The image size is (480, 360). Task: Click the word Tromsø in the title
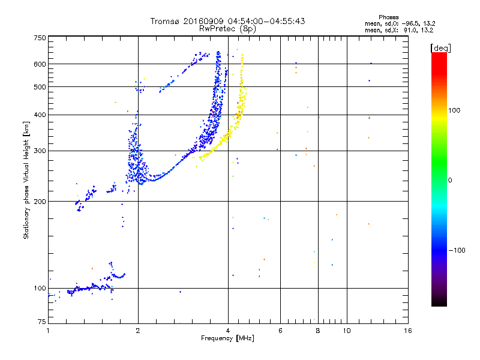point(165,21)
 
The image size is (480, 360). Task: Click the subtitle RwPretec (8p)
point(227,29)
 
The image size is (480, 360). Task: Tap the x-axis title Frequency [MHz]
point(227,338)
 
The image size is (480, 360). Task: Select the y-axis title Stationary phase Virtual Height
point(26,181)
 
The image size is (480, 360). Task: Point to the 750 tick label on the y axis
point(40,38)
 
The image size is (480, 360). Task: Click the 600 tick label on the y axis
point(40,64)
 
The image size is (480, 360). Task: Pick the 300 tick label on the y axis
point(40,151)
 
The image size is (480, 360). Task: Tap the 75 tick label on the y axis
point(42,322)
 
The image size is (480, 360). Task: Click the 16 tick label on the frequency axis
point(408,331)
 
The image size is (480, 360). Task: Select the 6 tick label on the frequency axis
point(280,331)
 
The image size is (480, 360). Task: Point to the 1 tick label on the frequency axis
point(48,331)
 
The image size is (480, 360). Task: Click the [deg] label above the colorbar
point(440,48)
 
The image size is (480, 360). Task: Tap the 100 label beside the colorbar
point(454,110)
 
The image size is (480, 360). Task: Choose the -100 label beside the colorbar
point(457,250)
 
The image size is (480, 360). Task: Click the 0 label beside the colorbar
point(450,180)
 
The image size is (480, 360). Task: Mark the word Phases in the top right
point(388,17)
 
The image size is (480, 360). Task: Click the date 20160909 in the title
point(203,21)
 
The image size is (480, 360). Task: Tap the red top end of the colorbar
point(439,53)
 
